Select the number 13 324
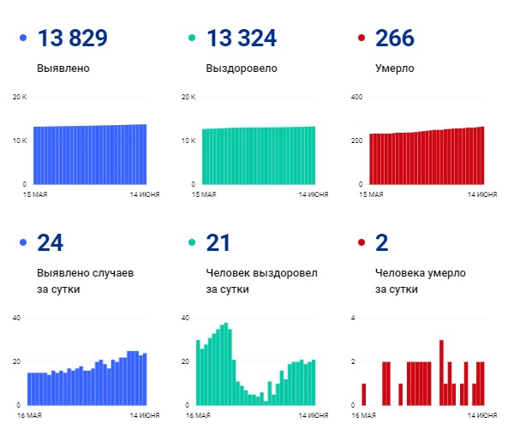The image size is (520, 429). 242,39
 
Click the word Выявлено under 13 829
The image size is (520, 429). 63,69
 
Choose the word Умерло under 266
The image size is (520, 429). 395,69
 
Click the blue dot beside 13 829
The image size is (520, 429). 22,39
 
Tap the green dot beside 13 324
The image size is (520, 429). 192,39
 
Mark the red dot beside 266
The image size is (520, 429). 362,39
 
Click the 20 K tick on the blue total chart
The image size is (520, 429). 20,97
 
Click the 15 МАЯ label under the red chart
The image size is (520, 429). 369,195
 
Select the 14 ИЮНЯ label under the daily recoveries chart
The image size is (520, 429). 314,415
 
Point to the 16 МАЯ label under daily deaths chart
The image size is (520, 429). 369,415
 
